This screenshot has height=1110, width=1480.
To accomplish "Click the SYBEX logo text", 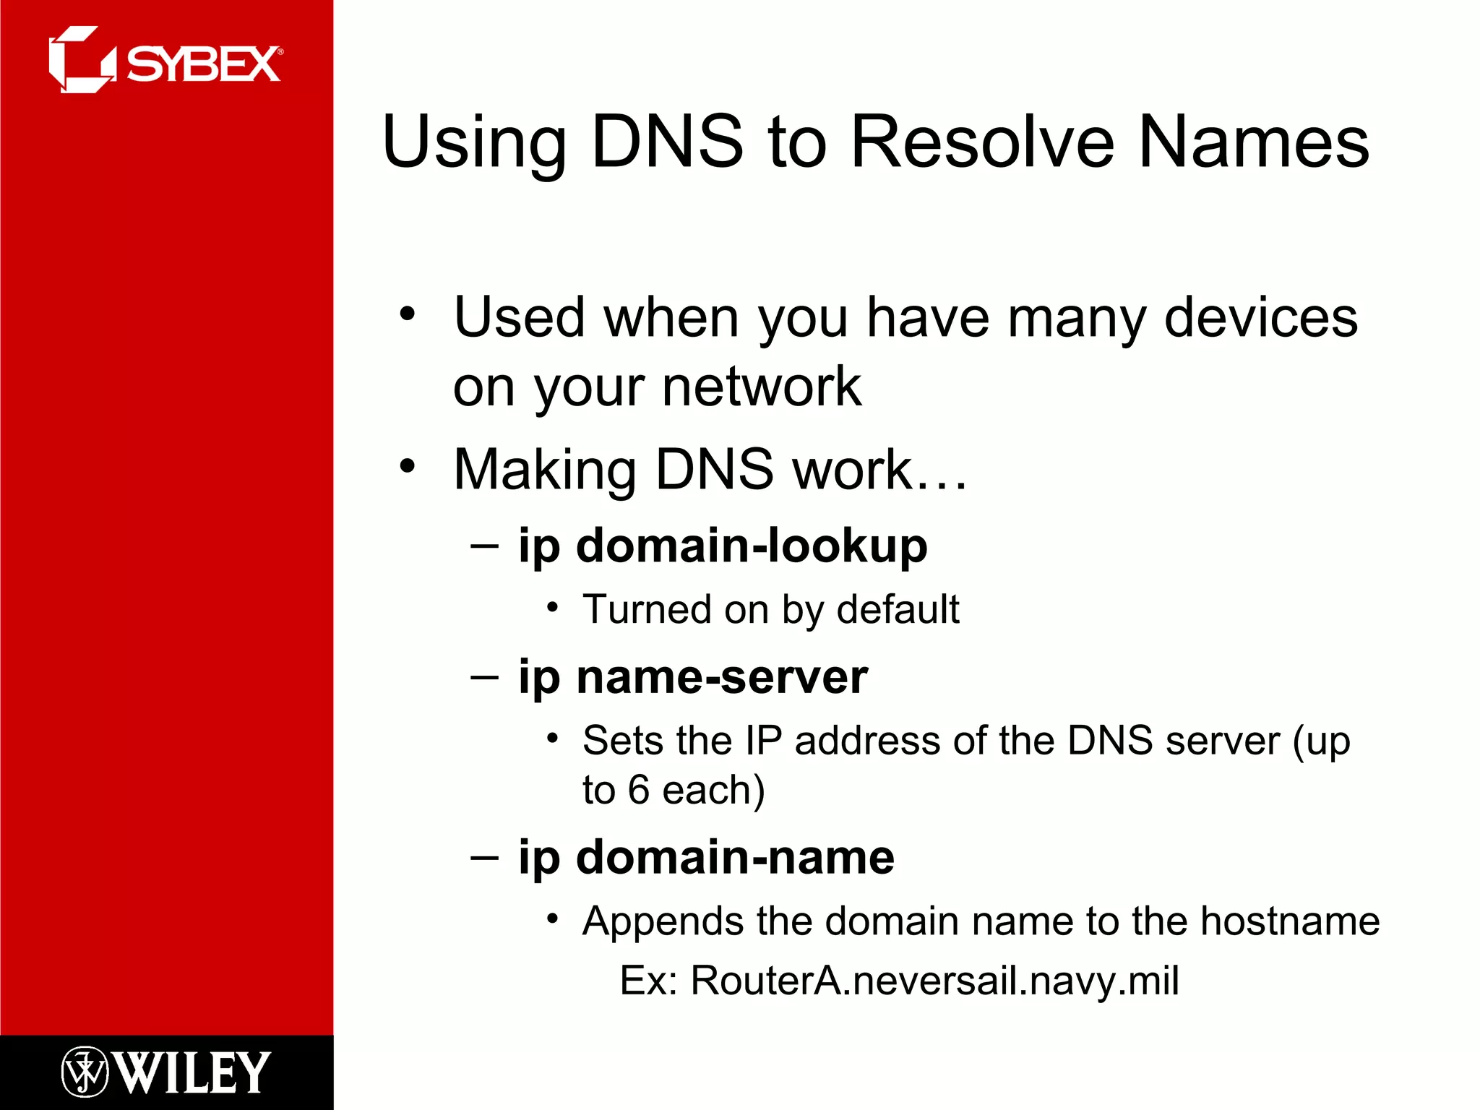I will click(x=204, y=64).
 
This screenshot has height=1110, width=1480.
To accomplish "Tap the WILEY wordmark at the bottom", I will click(x=192, y=1072).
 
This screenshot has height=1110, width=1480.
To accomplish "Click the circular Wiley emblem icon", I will click(x=85, y=1072).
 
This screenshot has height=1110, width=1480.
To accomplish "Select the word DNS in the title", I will click(x=666, y=142).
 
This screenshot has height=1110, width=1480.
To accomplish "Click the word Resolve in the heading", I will click(x=983, y=142).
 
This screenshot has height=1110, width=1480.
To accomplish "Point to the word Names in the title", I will click(x=1253, y=142).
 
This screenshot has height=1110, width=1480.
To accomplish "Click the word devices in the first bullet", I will click(x=1260, y=318).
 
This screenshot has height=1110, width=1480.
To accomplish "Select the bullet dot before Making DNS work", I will click(x=408, y=466).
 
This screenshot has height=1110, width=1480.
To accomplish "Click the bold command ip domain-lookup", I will click(x=723, y=546).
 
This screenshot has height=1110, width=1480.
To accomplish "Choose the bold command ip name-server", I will click(x=693, y=678).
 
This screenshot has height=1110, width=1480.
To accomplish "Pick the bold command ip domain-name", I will click(x=706, y=858).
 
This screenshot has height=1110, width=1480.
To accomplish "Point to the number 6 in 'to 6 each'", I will click(x=639, y=790).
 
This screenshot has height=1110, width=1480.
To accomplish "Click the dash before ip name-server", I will click(x=484, y=678).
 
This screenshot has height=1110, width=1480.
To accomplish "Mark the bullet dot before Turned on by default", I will click(x=553, y=608).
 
